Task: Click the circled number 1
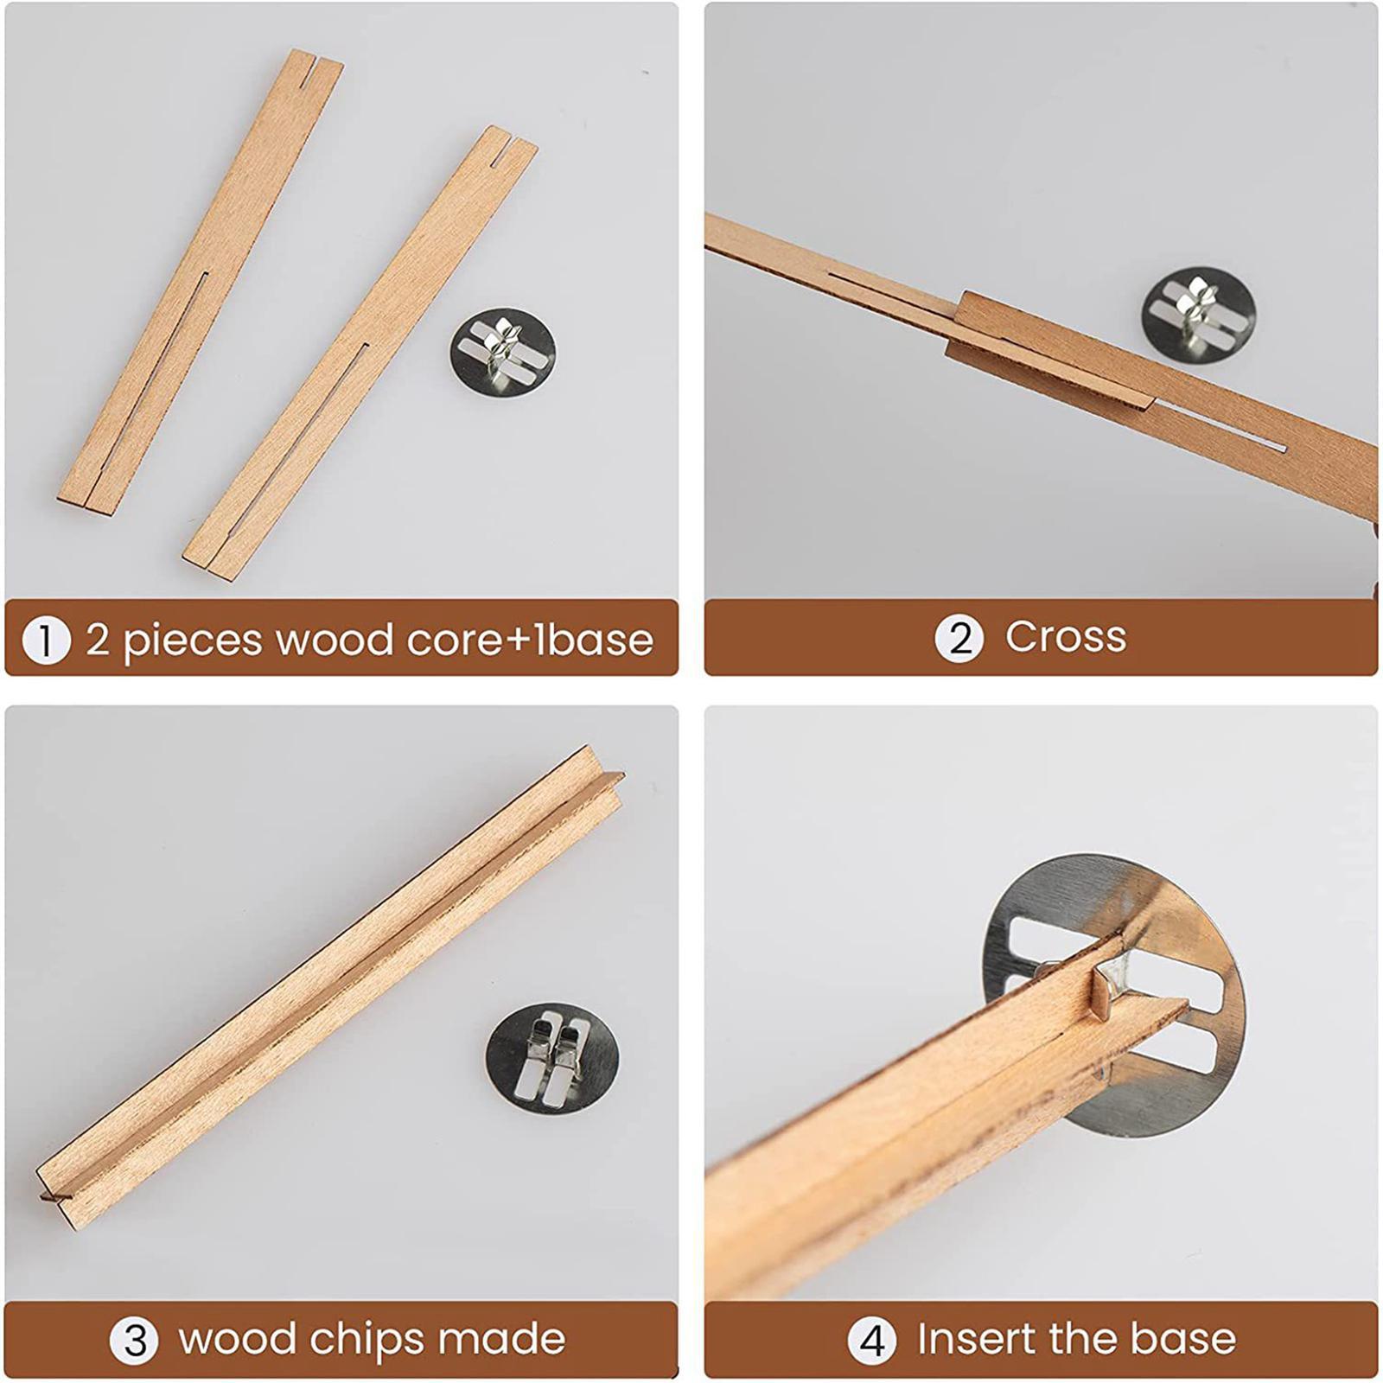pyautogui.click(x=46, y=641)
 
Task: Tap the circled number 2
pyautogui.click(x=959, y=638)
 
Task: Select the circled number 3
pyautogui.click(x=134, y=1341)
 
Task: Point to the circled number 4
pyautogui.click(x=872, y=1341)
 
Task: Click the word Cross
pyautogui.click(x=1066, y=637)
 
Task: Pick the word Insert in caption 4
pyautogui.click(x=974, y=1339)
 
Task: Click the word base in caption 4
pyautogui.click(x=1183, y=1339)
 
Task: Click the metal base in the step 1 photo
pyautogui.click(x=502, y=352)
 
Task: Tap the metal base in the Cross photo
pyautogui.click(x=1198, y=315)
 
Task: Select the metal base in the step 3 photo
pyautogui.click(x=553, y=1057)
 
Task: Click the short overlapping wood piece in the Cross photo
pyautogui.click(x=1051, y=349)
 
